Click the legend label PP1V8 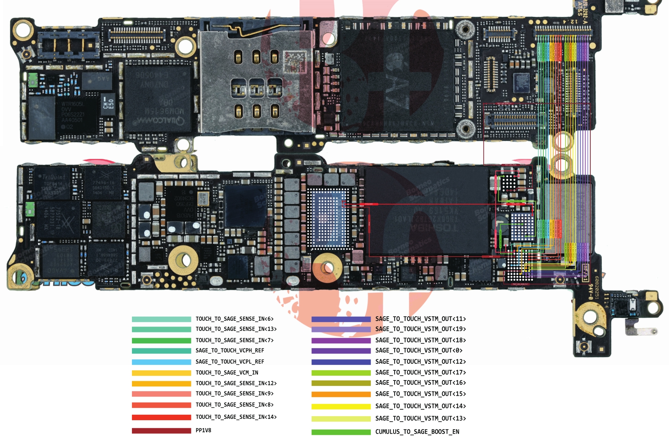pos(203,430)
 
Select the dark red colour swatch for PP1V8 pos(161,431)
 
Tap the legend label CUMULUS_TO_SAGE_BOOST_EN pos(417,432)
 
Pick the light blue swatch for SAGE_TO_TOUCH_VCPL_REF pos(161,362)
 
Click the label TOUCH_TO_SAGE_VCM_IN pos(227,372)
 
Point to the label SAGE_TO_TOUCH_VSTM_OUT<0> pos(419,351)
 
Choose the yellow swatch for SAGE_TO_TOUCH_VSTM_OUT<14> pos(341,406)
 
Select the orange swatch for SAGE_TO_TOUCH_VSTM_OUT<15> pos(341,394)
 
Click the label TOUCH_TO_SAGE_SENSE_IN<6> pos(234,319)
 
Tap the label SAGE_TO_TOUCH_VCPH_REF pos(230,351)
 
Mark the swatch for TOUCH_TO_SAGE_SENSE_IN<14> pos(161,417)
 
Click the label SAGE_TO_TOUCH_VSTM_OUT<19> pos(420,329)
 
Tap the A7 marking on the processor pos(397,87)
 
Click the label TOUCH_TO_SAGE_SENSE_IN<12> pos(236,383)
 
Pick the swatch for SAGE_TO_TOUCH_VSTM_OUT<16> pos(341,383)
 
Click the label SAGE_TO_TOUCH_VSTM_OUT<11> pos(420,319)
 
